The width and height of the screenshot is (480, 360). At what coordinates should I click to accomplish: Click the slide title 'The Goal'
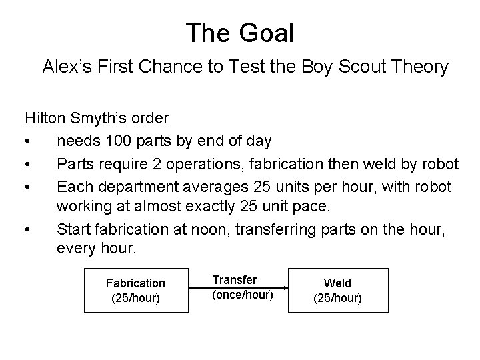click(239, 32)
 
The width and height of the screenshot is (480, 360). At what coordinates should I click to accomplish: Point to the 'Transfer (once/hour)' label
click(243, 287)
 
